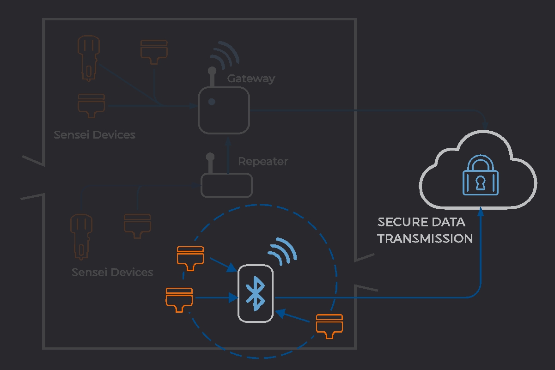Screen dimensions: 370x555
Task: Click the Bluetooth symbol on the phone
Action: (x=256, y=293)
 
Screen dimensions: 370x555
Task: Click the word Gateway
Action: (x=251, y=79)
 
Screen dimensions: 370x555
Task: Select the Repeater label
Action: (x=263, y=162)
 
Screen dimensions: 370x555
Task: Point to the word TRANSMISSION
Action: (x=425, y=238)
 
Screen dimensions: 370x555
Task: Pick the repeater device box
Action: (x=226, y=185)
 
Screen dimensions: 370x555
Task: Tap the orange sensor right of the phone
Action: (x=329, y=325)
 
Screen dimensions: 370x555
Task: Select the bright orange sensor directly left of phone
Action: (x=179, y=298)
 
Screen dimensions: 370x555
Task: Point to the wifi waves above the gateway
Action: (x=225, y=55)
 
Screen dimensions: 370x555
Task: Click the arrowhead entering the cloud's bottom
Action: (x=481, y=212)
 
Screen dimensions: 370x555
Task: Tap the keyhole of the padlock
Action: (x=481, y=182)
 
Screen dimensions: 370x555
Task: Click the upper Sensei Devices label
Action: (x=94, y=135)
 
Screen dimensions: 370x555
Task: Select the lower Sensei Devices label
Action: (x=112, y=272)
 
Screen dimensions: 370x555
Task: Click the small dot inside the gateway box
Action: (x=211, y=102)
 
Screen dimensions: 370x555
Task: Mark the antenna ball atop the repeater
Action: (x=210, y=157)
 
